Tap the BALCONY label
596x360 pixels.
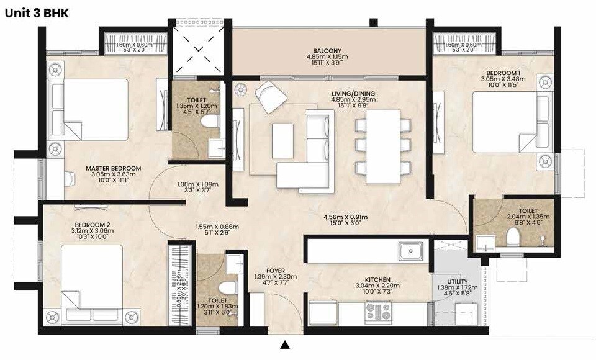328,51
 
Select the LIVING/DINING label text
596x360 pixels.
353,94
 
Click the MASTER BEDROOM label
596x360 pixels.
114,168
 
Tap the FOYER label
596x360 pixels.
276,270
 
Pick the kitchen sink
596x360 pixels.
411,251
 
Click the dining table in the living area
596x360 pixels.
382,146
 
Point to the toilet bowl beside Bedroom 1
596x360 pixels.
513,236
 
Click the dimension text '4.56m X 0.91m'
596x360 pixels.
345,217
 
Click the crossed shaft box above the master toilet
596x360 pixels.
191,48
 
